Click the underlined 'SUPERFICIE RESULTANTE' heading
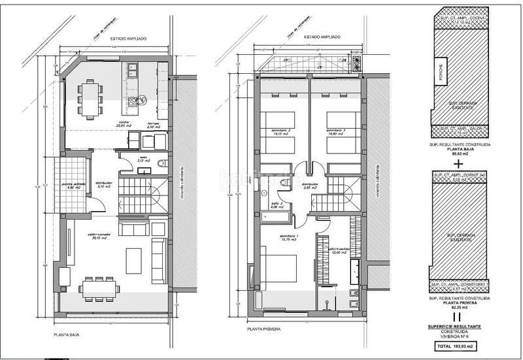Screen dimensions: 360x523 coord(457,323)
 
